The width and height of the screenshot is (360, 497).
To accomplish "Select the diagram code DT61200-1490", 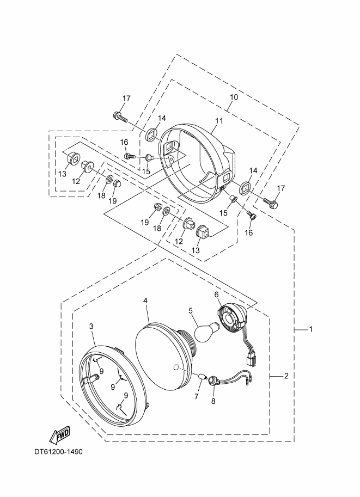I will click(58, 452).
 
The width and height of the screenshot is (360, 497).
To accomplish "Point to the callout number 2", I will click(286, 376).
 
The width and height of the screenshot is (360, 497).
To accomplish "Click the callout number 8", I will click(213, 402).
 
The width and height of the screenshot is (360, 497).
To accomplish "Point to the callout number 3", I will click(91, 326).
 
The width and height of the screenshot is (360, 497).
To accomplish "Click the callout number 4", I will click(145, 300).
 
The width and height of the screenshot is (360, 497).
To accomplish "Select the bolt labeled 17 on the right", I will click(271, 203).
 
